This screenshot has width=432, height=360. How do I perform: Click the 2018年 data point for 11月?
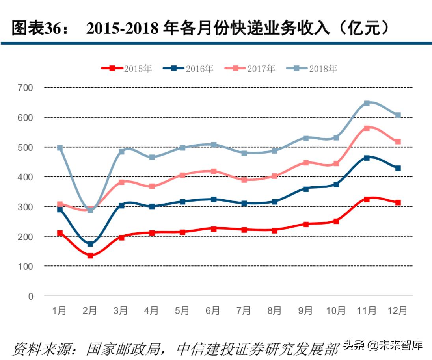pos(367,103)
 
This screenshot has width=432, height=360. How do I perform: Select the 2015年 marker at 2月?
pos(90,256)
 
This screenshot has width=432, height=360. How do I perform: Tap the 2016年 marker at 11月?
pos(367,158)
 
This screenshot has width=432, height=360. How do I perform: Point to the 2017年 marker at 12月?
pos(398,141)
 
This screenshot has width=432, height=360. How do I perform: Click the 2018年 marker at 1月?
pos(60,148)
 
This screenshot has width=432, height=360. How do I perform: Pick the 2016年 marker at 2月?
pos(90,244)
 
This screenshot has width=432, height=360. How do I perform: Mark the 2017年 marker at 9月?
pos(305,162)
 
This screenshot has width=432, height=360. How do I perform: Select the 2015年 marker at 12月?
pos(398,202)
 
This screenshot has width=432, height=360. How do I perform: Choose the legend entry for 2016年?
pos(188,69)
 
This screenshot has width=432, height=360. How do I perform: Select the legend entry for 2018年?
pos(312,69)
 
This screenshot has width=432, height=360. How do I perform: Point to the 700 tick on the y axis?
pos(26,88)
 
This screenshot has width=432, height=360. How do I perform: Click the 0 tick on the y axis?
pos(31,296)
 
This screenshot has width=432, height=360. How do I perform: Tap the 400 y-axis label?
pos(26,177)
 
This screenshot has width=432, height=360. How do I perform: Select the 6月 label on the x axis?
pos(213,311)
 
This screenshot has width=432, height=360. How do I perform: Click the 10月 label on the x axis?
pos(336,311)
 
